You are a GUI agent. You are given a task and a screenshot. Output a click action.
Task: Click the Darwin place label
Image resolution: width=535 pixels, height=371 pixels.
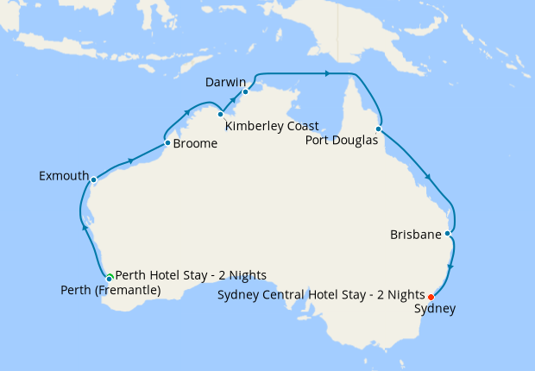[x=225, y=82]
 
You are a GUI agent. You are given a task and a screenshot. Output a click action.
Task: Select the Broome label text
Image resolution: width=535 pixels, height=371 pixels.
[x=195, y=144]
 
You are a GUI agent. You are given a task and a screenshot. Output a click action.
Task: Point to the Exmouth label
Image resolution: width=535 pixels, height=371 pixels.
[x=64, y=176]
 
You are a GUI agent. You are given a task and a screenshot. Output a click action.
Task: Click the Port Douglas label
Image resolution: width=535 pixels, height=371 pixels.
[x=342, y=141]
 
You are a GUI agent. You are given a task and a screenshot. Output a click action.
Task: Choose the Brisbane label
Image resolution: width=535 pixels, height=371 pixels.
[x=416, y=235]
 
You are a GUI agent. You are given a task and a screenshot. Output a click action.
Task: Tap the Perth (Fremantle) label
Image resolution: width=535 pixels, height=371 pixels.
[x=110, y=291]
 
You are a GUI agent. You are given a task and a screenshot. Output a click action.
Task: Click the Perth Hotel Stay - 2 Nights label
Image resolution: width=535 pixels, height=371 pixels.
[x=190, y=275]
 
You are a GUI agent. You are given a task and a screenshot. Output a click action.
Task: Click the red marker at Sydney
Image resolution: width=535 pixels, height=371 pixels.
[x=431, y=298]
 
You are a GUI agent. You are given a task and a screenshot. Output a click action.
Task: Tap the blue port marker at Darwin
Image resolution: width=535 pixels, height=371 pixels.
[x=246, y=91]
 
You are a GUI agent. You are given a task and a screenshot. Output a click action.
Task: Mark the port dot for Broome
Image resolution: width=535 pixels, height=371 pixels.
[x=167, y=142]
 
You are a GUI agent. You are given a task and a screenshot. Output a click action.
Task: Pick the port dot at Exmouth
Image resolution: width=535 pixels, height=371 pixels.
[x=93, y=180]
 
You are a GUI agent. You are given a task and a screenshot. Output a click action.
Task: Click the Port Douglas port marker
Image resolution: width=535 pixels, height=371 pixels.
[x=379, y=129]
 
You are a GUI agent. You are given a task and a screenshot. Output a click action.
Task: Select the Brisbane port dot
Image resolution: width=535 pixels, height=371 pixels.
[x=447, y=233]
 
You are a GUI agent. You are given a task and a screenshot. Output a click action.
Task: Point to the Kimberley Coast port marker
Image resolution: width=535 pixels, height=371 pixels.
[x=220, y=114]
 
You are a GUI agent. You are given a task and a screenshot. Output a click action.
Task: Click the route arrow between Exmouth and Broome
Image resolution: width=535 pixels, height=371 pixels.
[x=129, y=160]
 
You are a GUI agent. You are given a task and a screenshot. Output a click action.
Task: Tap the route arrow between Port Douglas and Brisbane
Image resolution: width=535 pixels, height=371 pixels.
[x=427, y=179]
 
